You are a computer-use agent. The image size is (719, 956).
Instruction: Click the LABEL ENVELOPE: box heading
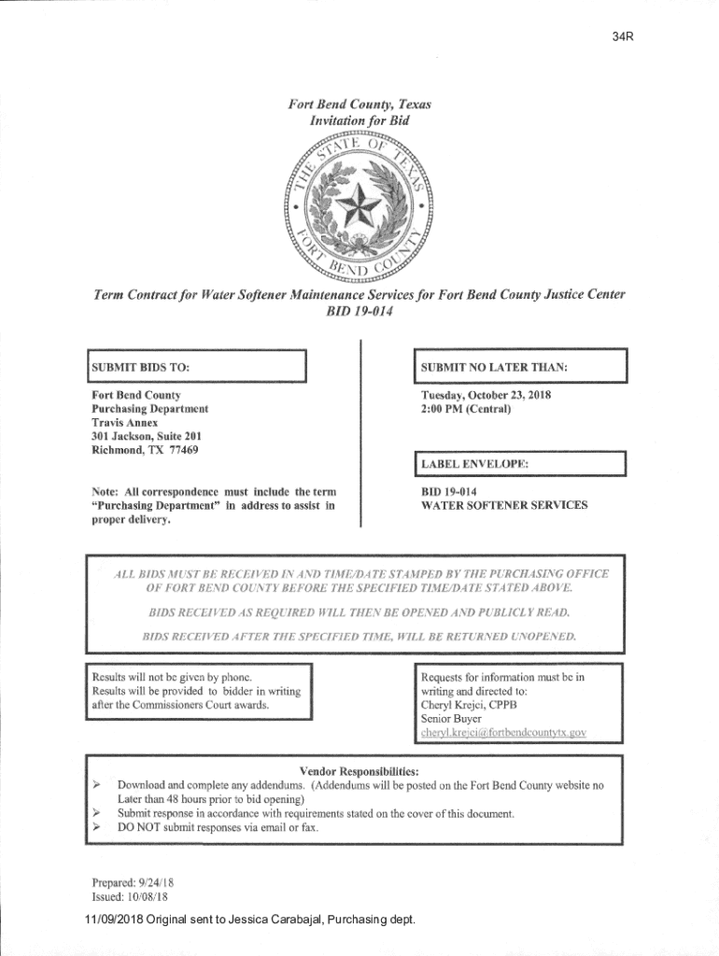tap(474, 464)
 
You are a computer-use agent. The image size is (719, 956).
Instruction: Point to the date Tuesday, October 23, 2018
tap(486, 395)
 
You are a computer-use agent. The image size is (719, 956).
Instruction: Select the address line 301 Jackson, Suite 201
tap(145, 436)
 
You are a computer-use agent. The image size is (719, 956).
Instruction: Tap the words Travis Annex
tap(124, 423)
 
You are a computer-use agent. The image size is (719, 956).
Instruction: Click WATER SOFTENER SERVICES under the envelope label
tap(504, 505)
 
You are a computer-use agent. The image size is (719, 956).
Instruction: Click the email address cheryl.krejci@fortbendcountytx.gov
tap(503, 733)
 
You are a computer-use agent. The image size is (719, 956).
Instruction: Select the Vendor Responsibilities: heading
tap(359, 771)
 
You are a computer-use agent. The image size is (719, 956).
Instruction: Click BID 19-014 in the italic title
tap(359, 312)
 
